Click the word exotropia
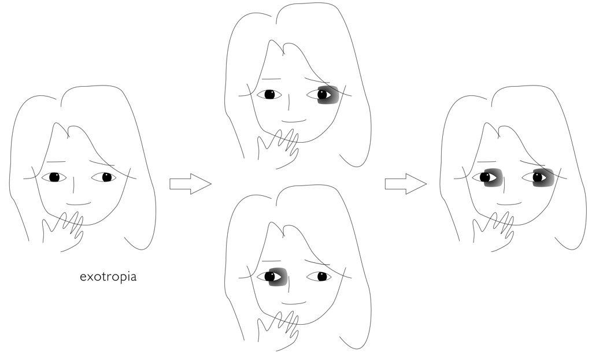click(x=108, y=277)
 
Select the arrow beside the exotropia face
click(x=190, y=184)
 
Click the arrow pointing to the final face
click(x=406, y=184)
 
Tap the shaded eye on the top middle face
click(x=327, y=94)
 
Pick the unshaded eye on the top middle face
click(x=269, y=94)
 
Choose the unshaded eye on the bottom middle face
click(x=319, y=277)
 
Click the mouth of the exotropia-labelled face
click(x=79, y=204)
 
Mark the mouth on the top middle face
click(x=294, y=121)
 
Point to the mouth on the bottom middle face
click(x=294, y=303)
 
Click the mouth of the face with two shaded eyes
click(x=509, y=204)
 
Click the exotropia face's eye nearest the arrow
click(x=104, y=177)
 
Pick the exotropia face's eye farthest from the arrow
click(x=54, y=177)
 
